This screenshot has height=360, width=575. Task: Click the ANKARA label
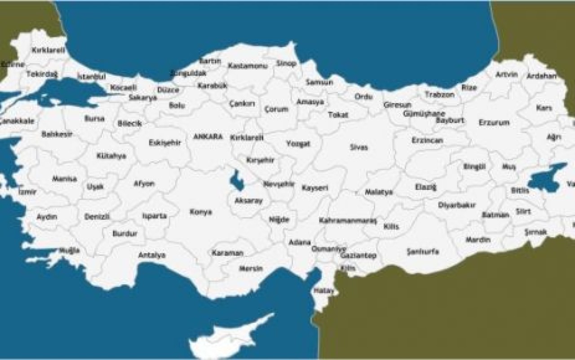point(208,136)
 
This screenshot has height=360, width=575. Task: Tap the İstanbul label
point(91,76)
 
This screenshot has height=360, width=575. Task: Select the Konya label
point(200,212)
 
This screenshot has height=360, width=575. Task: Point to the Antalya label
point(152,255)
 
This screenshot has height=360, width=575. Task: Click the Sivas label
point(359,147)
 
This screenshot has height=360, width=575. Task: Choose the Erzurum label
point(494,122)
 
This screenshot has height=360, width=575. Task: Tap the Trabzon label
point(440,95)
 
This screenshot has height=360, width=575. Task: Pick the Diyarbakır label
point(456,205)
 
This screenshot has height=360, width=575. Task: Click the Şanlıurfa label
point(423,251)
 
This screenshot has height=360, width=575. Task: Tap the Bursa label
point(94,119)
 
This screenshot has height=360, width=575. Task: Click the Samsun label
point(319,82)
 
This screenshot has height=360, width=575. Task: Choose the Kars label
point(544,108)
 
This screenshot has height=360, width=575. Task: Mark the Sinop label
point(286,64)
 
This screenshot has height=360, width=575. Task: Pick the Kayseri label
point(314,188)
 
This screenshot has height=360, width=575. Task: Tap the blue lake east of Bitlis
point(547,178)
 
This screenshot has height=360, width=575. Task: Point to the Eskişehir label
point(165,143)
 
